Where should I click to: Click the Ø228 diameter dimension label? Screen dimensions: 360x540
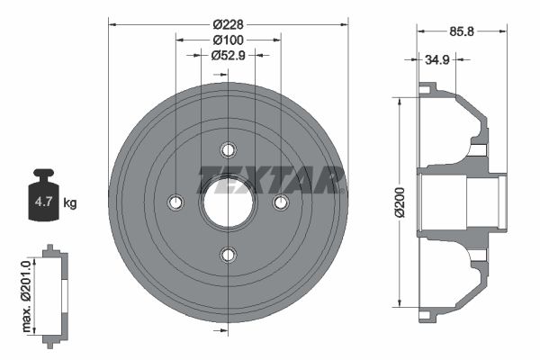(229, 23)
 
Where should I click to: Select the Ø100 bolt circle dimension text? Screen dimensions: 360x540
(229, 40)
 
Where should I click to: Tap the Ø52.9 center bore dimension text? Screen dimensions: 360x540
(229, 56)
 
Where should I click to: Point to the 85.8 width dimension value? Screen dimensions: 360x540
(462, 31)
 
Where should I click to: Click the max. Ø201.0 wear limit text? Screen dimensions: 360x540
(26, 292)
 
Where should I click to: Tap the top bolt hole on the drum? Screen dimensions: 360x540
(228, 149)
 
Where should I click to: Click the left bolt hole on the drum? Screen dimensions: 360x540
(175, 202)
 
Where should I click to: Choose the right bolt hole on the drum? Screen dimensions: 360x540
(281, 202)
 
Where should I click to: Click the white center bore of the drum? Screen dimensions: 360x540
(228, 202)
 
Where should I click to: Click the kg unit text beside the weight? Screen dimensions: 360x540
(70, 203)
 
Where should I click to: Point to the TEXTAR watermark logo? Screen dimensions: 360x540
(270, 180)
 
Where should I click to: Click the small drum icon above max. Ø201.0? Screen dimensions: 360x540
(54, 292)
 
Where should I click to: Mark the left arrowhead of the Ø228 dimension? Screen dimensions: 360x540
(112, 23)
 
